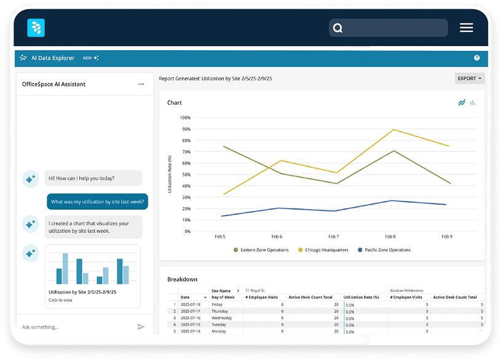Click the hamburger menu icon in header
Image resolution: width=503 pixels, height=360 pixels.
[x=466, y=28]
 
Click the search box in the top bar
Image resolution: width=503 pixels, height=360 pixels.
[x=389, y=28]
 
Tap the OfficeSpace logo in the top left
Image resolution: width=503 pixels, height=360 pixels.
[x=36, y=28]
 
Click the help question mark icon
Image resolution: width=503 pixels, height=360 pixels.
[x=477, y=58]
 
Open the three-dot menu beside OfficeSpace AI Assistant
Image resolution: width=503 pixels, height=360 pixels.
[x=141, y=84]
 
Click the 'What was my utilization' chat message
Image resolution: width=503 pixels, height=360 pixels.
[x=97, y=202]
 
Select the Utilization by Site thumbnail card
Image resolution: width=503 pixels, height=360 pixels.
[x=92, y=276]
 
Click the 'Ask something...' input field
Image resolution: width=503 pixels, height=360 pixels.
[x=74, y=327]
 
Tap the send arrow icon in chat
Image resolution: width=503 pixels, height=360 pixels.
[x=141, y=327]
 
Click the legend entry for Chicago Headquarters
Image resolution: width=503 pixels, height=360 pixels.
[x=324, y=250]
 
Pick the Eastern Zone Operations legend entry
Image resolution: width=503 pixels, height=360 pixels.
[x=261, y=250]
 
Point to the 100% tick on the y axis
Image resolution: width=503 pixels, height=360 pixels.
[x=185, y=117]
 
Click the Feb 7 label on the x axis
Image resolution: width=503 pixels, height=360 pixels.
[x=333, y=237]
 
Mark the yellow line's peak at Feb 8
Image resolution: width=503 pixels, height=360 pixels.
[x=392, y=130]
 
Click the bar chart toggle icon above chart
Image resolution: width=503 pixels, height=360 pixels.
[x=473, y=103]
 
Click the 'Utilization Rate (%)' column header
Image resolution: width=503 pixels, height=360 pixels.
[x=361, y=297]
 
